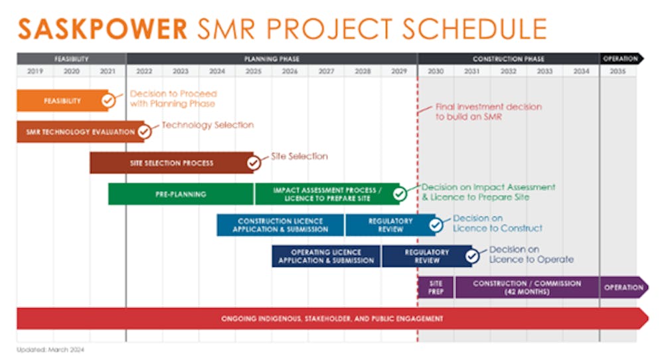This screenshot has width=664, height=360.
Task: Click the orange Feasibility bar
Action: [x=62, y=101]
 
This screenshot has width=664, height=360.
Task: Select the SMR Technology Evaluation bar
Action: [x=80, y=132]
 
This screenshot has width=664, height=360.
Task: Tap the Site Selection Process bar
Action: [x=171, y=163]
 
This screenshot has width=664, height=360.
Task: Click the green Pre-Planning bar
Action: [x=181, y=194]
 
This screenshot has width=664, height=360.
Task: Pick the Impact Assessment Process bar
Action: [x=327, y=194]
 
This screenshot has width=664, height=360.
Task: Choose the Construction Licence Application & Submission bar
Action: [x=280, y=225]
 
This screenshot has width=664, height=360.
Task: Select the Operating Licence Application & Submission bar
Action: [x=326, y=256]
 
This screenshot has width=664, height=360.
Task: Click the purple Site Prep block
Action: [x=436, y=287]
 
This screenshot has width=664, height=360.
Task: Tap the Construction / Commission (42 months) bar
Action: [x=527, y=287]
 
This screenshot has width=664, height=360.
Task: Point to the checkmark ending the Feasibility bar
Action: [x=108, y=101]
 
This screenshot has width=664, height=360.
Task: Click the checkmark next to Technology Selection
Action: [x=144, y=132]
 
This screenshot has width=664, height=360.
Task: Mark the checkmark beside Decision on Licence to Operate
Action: [x=471, y=256]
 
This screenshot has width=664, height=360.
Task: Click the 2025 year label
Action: [x=253, y=71]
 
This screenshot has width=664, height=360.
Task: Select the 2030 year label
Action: [x=436, y=71]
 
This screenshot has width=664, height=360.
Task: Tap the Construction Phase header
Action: [x=509, y=59]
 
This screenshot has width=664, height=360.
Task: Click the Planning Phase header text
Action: [x=272, y=59]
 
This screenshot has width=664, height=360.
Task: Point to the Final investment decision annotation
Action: [x=489, y=112]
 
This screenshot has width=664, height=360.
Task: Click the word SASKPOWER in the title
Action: [x=102, y=29]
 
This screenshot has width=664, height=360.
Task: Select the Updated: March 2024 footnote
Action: [x=50, y=350]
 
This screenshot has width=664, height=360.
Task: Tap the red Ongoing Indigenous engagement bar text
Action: [x=332, y=319]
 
